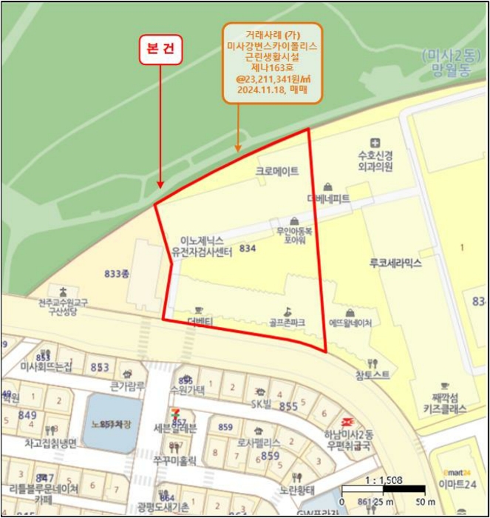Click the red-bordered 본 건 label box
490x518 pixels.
[160, 48]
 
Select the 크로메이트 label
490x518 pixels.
[277, 171]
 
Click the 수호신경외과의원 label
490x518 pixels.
[375, 161]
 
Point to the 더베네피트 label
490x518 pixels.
[328, 198]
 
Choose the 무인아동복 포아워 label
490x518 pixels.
[294, 235]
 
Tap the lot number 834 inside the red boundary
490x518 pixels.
[248, 249]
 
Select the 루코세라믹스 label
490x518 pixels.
[395, 263]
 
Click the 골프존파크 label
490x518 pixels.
[287, 323]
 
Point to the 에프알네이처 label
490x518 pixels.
[350, 323]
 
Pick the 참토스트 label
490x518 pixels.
[372, 375]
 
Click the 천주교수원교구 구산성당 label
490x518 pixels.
[64, 307]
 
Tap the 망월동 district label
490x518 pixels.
[449, 71]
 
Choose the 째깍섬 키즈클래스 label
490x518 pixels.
[444, 403]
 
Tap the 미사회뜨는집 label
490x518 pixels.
[46, 367]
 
